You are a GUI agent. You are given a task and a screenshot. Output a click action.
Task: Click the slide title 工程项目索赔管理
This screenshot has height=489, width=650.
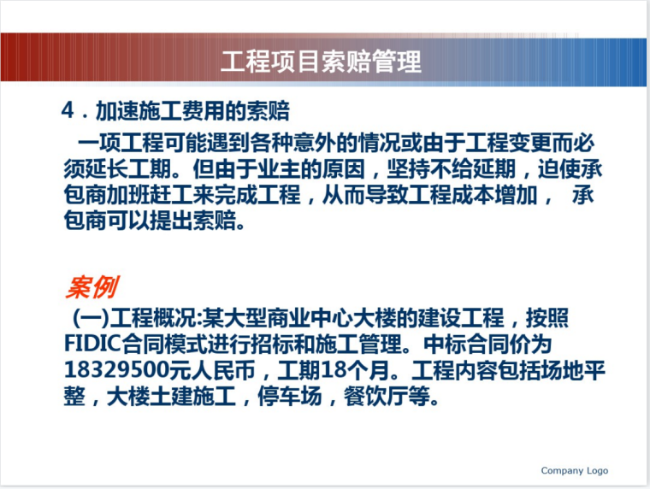pos(322,62)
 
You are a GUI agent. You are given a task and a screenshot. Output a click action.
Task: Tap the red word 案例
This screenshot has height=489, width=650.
pos(92,287)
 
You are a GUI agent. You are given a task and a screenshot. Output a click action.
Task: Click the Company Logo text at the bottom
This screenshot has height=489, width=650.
pos(574,471)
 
